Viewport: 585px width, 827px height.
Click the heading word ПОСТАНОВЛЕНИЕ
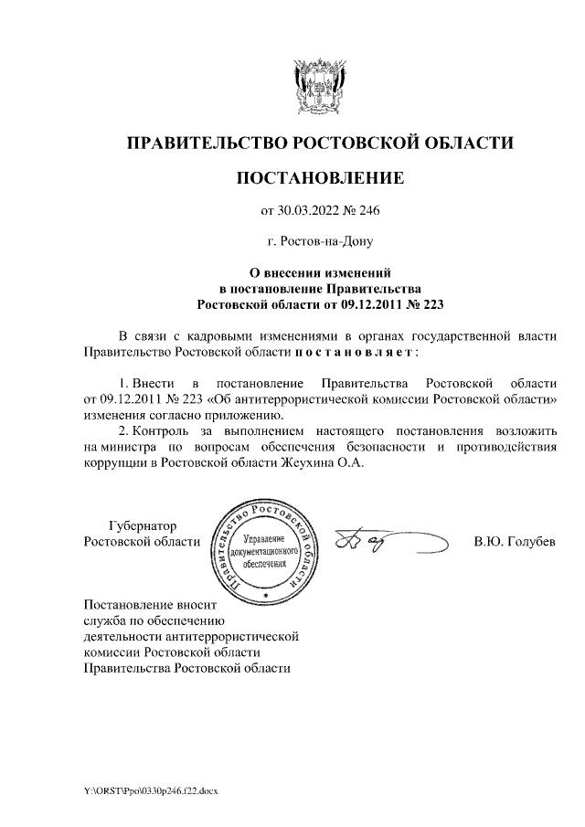click(x=319, y=178)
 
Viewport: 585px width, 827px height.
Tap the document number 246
click(x=367, y=211)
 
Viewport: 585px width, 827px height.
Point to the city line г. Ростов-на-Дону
click(x=319, y=242)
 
